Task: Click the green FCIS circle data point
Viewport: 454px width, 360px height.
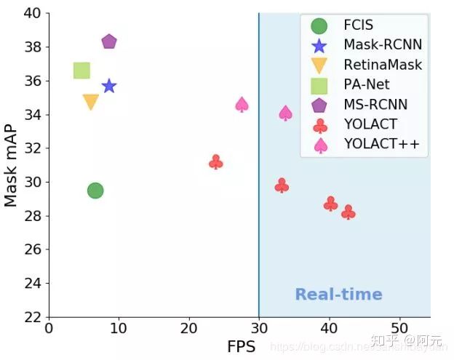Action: [x=95, y=191]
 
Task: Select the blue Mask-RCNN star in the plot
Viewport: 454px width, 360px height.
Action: [x=109, y=87]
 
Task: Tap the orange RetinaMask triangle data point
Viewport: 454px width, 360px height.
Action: [x=91, y=103]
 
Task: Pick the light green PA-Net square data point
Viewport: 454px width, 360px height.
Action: [x=81, y=71]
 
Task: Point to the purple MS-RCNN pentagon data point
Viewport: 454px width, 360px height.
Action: [x=109, y=41]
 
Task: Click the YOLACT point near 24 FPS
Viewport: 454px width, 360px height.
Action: [x=216, y=162]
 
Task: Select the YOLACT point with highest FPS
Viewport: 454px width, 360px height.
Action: [x=349, y=212]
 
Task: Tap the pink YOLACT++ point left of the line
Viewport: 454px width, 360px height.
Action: [x=242, y=105]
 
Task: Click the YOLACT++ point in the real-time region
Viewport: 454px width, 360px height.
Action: [x=286, y=113]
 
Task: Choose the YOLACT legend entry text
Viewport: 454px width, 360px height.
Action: [x=371, y=124]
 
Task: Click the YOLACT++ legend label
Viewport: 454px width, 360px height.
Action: [x=382, y=145]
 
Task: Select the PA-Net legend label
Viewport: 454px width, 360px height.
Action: [x=367, y=85]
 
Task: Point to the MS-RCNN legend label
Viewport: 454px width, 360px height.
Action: [x=375, y=105]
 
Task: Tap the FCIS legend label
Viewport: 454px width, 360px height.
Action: [x=359, y=26]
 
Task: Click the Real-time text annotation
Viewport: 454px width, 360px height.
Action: [x=338, y=295]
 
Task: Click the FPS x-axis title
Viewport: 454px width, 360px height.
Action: [x=240, y=347]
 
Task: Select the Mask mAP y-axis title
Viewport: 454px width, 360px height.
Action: [x=12, y=165]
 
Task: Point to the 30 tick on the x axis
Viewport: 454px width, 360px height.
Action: [x=258, y=328]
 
